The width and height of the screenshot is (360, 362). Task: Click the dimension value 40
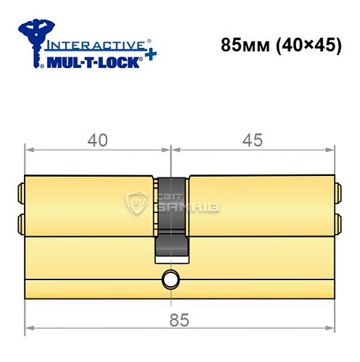pyautogui.click(x=96, y=140)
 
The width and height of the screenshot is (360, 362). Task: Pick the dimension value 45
pyautogui.click(x=251, y=140)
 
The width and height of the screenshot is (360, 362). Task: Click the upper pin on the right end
pyautogui.click(x=337, y=193)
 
